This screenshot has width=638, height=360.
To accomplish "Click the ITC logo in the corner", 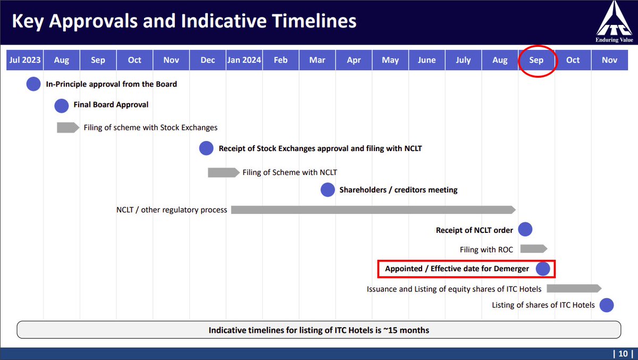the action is (614, 22).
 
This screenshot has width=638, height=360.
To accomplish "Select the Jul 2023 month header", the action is (25, 60).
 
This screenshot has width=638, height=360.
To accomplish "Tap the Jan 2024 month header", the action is (244, 60).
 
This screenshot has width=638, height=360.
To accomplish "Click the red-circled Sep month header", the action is (536, 60).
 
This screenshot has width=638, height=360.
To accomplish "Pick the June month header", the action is (426, 60).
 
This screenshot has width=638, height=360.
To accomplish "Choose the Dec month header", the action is (208, 60).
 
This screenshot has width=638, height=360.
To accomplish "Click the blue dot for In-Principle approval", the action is (33, 84).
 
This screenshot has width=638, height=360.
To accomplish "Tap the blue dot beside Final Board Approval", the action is (62, 106).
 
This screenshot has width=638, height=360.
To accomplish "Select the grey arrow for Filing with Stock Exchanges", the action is (68, 128).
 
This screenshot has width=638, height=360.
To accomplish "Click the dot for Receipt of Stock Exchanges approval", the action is (206, 148).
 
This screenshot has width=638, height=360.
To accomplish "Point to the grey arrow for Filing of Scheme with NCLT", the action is (224, 172).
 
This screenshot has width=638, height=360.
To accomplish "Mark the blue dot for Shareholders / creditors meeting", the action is (328, 190).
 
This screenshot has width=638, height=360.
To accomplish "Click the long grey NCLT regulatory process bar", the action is (373, 210).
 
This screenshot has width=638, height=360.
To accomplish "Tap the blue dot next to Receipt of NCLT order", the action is (525, 229).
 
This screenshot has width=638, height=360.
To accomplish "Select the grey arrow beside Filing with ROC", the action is (534, 249).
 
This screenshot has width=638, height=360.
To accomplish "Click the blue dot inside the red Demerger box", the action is (543, 269).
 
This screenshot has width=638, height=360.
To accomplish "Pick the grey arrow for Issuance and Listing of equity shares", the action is (574, 288).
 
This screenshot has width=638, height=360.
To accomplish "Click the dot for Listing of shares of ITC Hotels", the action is (607, 305).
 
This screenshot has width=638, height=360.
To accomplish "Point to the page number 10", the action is (623, 354).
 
